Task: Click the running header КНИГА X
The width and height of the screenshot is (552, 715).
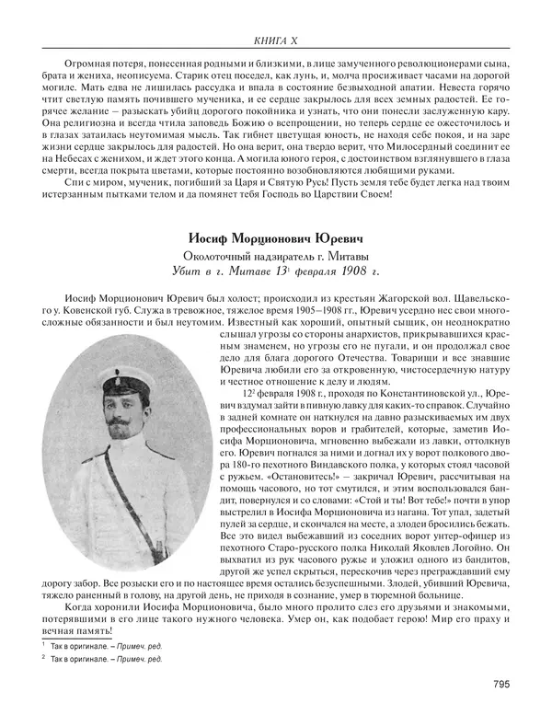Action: coord(275,39)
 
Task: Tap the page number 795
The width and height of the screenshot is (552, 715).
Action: coord(502,682)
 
